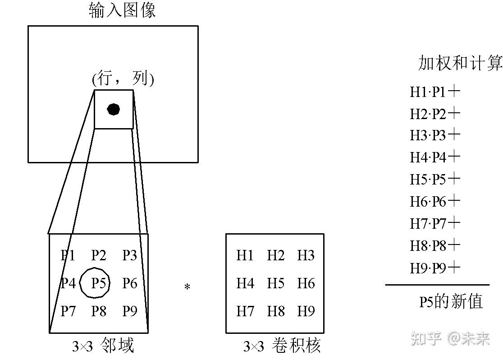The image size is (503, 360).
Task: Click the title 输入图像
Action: (x=122, y=10)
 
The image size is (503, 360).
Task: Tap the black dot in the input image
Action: (x=113, y=109)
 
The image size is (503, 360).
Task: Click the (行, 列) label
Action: (x=123, y=79)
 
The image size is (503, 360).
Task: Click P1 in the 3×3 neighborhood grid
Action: (x=68, y=255)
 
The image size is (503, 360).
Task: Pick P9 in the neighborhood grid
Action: (x=130, y=311)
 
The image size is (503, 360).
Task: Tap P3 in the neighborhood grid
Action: (x=130, y=255)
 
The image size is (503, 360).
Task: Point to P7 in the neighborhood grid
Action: (x=68, y=311)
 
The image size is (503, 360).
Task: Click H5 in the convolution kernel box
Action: (x=275, y=283)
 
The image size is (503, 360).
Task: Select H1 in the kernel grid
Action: (x=245, y=255)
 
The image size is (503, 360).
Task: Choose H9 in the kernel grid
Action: (x=306, y=311)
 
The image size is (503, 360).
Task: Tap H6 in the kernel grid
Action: (x=306, y=283)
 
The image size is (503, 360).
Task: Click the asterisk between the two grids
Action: (x=187, y=287)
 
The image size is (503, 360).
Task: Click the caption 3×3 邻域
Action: (x=103, y=346)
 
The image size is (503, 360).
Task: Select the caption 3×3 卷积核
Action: (x=282, y=346)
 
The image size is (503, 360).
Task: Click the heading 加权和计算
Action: (x=460, y=64)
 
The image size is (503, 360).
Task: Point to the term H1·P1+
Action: (x=435, y=92)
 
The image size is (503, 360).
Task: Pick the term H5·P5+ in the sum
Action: (x=435, y=180)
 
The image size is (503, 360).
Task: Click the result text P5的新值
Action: (x=451, y=301)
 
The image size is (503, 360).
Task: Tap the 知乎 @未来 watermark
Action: (x=450, y=338)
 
